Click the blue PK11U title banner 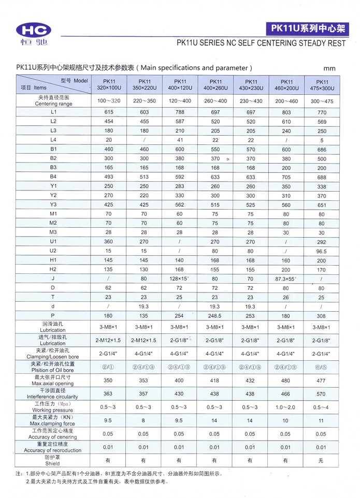point(305,28)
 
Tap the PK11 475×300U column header point(322,85)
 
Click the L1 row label point(53,112)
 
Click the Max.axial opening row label point(53,380)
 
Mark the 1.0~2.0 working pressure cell point(286,407)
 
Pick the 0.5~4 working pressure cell point(322,407)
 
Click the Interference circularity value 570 point(322,394)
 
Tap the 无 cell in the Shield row point(322,461)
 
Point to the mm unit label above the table point(329,68)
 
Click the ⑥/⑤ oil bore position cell point(322,367)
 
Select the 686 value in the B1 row point(322,149)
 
